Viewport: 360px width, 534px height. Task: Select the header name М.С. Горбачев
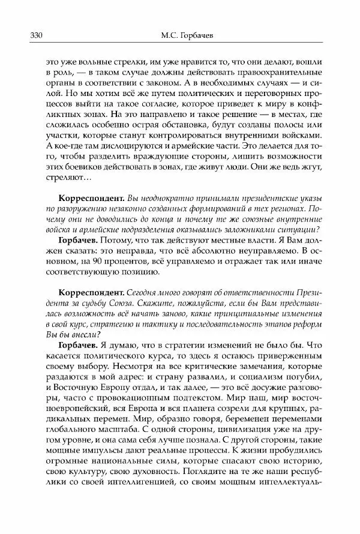point(181,35)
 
